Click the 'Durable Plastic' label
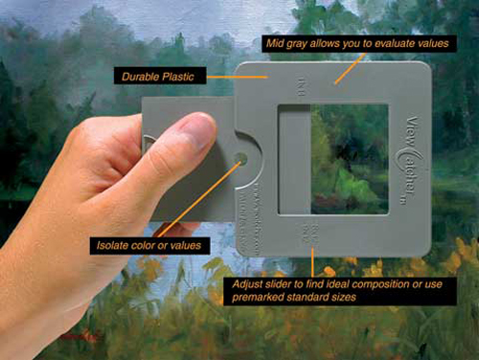[x=155, y=73]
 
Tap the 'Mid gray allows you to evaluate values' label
[x=356, y=44]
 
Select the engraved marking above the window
[x=308, y=85]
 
